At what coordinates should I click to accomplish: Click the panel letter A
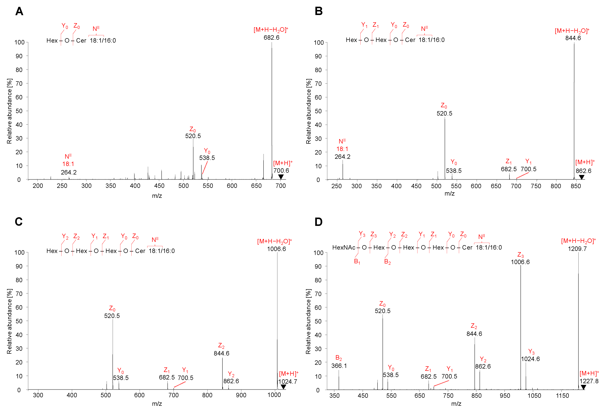tap(19, 11)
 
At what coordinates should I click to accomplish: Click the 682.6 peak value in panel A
tap(271, 38)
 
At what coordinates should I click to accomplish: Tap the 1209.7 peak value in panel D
tap(577, 249)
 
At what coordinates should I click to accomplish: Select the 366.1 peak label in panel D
tap(339, 366)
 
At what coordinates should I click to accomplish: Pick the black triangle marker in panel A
tap(281, 177)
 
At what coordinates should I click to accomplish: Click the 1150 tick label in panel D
tap(562, 396)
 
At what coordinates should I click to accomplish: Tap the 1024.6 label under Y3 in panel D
tap(530, 359)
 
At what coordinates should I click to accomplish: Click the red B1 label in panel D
tap(357, 261)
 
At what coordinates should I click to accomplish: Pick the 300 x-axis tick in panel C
tap(38, 395)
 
